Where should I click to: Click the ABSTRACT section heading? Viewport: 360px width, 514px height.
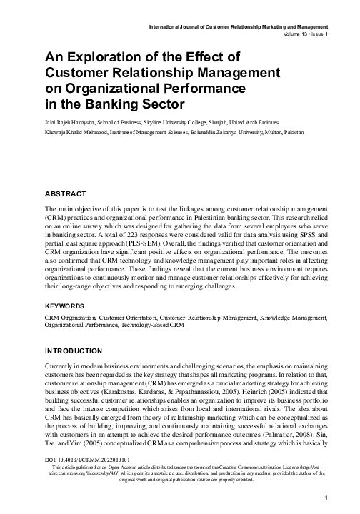(65, 194)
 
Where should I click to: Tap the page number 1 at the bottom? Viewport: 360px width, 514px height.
(325, 498)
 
